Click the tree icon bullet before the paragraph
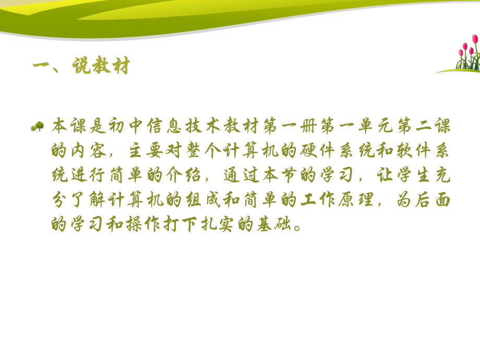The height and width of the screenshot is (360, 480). [38, 126]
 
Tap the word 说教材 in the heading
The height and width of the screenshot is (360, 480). [99, 67]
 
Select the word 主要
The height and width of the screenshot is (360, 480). [151, 151]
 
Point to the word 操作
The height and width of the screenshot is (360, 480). [152, 224]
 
